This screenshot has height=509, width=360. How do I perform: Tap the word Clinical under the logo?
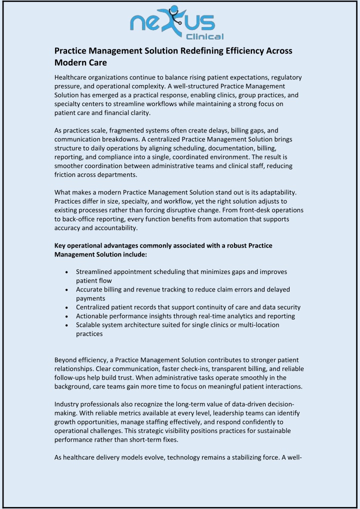204,36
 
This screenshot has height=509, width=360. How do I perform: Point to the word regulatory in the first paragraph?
284,77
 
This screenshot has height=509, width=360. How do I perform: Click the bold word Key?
60,246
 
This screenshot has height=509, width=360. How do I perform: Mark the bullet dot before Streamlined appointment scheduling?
67,272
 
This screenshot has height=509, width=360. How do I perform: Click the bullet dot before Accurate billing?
67,289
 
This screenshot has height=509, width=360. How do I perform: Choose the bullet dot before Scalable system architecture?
67,325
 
